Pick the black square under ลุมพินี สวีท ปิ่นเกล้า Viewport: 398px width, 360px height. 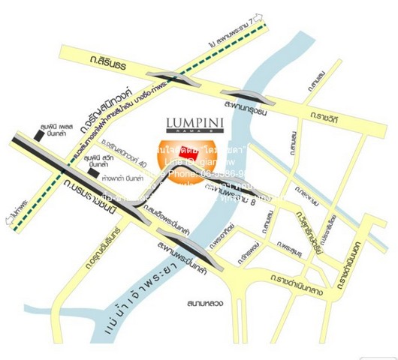[92, 172]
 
